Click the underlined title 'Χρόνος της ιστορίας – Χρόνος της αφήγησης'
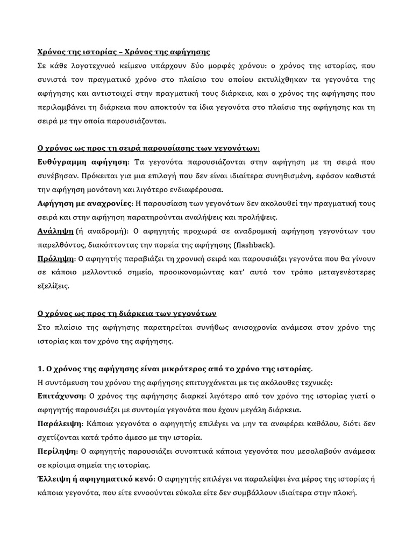point(123,52)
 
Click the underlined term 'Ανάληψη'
point(55,232)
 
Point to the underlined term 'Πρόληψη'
point(55,258)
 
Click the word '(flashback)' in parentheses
point(253,246)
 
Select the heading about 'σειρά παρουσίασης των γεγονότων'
point(148,148)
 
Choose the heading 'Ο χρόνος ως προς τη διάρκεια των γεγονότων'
point(126,314)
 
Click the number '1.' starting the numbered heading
point(40,369)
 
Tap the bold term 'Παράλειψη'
point(58,424)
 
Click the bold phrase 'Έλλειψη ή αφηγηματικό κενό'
point(95,479)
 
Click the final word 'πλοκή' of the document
point(344,493)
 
